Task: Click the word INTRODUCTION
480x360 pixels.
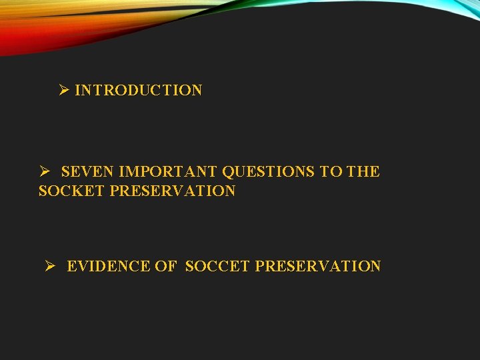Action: pyautogui.click(x=138, y=91)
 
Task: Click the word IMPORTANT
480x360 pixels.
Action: pyautogui.click(x=167, y=172)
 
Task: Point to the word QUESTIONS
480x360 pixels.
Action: pyautogui.click(x=268, y=172)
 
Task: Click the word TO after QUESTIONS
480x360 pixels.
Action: pyautogui.click(x=331, y=172)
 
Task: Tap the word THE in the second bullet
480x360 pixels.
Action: pyautogui.click(x=363, y=172)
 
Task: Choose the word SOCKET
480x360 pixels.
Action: pyautogui.click(x=72, y=191)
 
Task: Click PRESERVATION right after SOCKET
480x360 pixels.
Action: pyautogui.click(x=173, y=191)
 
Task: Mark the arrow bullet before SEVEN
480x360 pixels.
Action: pyautogui.click(x=45, y=172)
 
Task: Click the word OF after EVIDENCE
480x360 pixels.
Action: pyautogui.click(x=165, y=267)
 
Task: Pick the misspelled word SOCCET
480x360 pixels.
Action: pyautogui.click(x=217, y=267)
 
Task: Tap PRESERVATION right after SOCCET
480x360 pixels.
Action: pyautogui.click(x=318, y=267)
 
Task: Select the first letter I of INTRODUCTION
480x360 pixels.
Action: pyautogui.click(x=77, y=91)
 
